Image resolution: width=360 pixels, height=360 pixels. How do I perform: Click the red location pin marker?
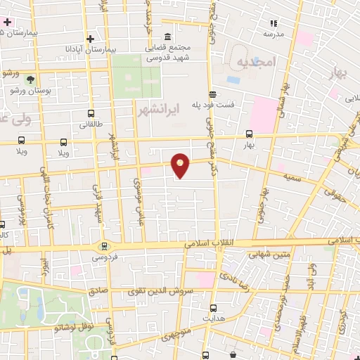(x=181, y=165)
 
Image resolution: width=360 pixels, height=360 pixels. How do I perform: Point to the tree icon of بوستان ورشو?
(x=30, y=79)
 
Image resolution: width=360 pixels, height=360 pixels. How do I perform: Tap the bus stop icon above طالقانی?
(x=91, y=113)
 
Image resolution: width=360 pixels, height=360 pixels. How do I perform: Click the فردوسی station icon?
(x=105, y=246)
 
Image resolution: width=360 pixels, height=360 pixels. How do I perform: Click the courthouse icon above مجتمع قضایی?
(x=167, y=37)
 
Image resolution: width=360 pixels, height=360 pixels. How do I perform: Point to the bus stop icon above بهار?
(x=249, y=134)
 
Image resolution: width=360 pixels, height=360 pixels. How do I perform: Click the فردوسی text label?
(x=105, y=258)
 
